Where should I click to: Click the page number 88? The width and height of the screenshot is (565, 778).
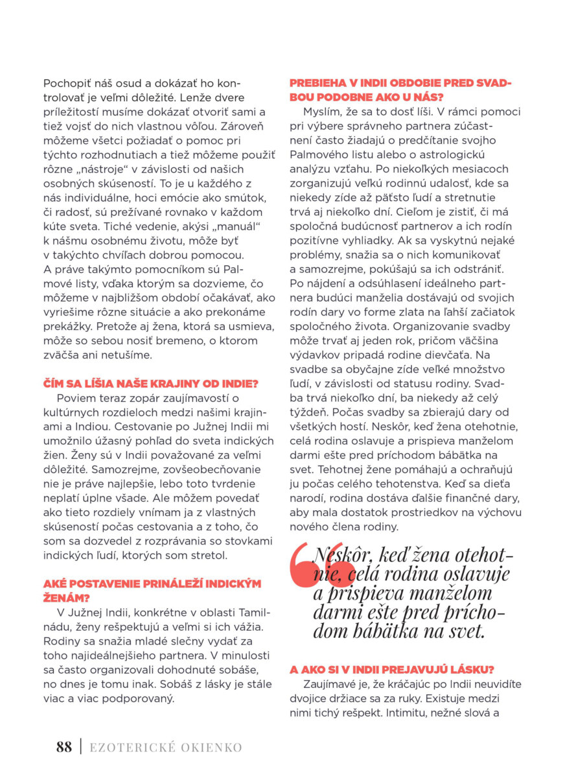tap(64, 747)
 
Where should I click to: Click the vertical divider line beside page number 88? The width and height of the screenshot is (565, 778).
tap(80, 747)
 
